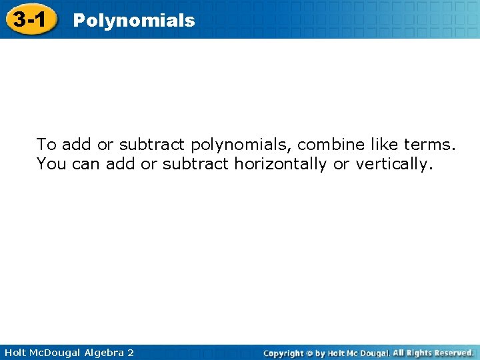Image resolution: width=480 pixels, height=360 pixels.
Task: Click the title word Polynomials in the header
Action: [133, 21]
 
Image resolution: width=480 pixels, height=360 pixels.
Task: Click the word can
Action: [85, 164]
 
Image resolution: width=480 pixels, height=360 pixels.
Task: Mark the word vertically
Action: [393, 164]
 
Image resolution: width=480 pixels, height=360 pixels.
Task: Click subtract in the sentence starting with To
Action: [153, 144]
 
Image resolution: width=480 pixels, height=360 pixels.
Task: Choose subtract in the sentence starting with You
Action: [196, 163]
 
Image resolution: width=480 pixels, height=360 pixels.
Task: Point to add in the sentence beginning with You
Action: [120, 163]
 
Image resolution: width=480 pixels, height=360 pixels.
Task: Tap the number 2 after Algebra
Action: [130, 353]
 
